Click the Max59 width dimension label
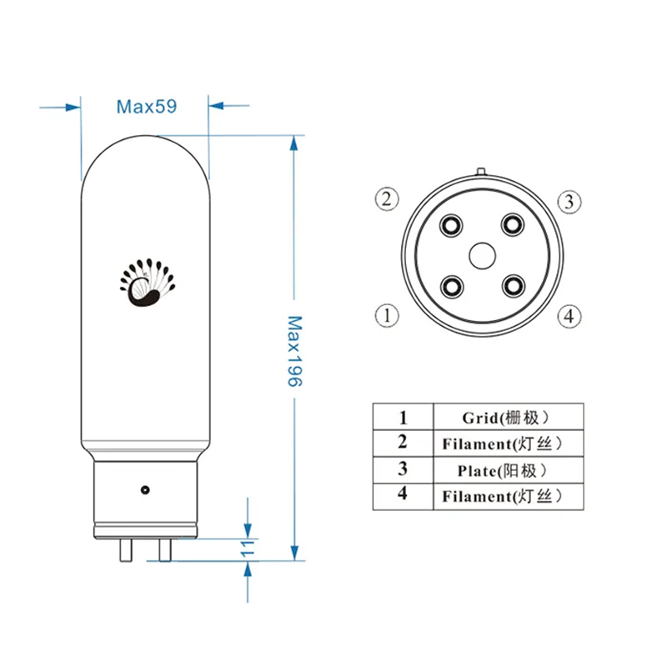point(147,107)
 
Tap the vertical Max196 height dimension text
point(294,351)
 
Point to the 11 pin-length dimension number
point(247,549)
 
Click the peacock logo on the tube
point(148,282)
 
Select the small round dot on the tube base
point(145,490)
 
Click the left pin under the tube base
point(126,550)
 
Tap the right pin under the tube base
point(165,550)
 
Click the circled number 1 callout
point(387,316)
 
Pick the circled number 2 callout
point(387,198)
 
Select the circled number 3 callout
point(569,202)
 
